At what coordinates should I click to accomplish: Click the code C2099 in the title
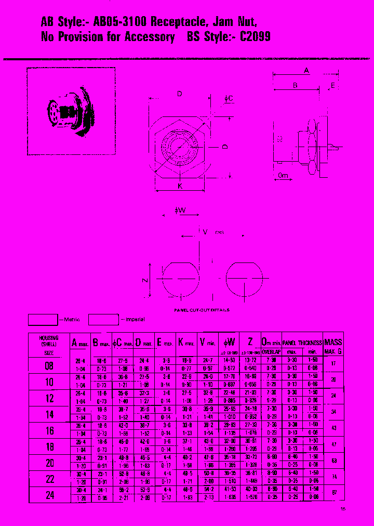255,37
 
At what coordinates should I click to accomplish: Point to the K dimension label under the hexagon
180,186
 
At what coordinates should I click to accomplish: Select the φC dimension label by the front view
228,99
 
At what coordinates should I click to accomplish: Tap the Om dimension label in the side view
283,176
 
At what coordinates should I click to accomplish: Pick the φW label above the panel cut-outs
180,211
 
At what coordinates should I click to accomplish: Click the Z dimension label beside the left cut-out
146,280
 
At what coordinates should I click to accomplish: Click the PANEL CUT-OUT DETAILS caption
202,310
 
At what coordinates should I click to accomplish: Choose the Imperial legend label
134,319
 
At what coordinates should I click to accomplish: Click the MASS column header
333,342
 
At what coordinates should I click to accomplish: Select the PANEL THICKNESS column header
302,343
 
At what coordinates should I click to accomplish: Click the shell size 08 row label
49,365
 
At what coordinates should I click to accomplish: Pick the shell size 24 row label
49,495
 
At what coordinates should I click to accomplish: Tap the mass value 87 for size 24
333,493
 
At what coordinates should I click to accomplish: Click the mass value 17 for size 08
333,363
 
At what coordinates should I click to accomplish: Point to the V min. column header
208,343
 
